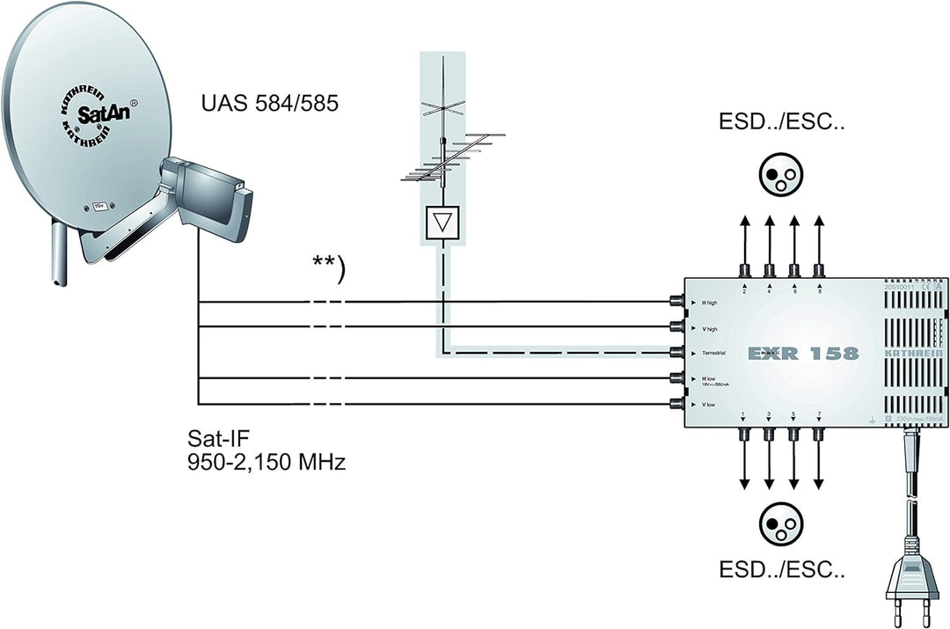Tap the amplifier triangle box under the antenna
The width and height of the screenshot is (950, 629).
pyautogui.click(x=442, y=224)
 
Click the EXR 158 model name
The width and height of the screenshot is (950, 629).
pyautogui.click(x=802, y=354)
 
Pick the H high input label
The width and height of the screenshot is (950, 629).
pyautogui.click(x=715, y=303)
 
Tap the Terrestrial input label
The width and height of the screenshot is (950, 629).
pyautogui.click(x=721, y=353)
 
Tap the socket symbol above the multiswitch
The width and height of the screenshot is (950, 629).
pyautogui.click(x=781, y=175)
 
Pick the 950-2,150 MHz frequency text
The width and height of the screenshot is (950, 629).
pyautogui.click(x=266, y=462)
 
